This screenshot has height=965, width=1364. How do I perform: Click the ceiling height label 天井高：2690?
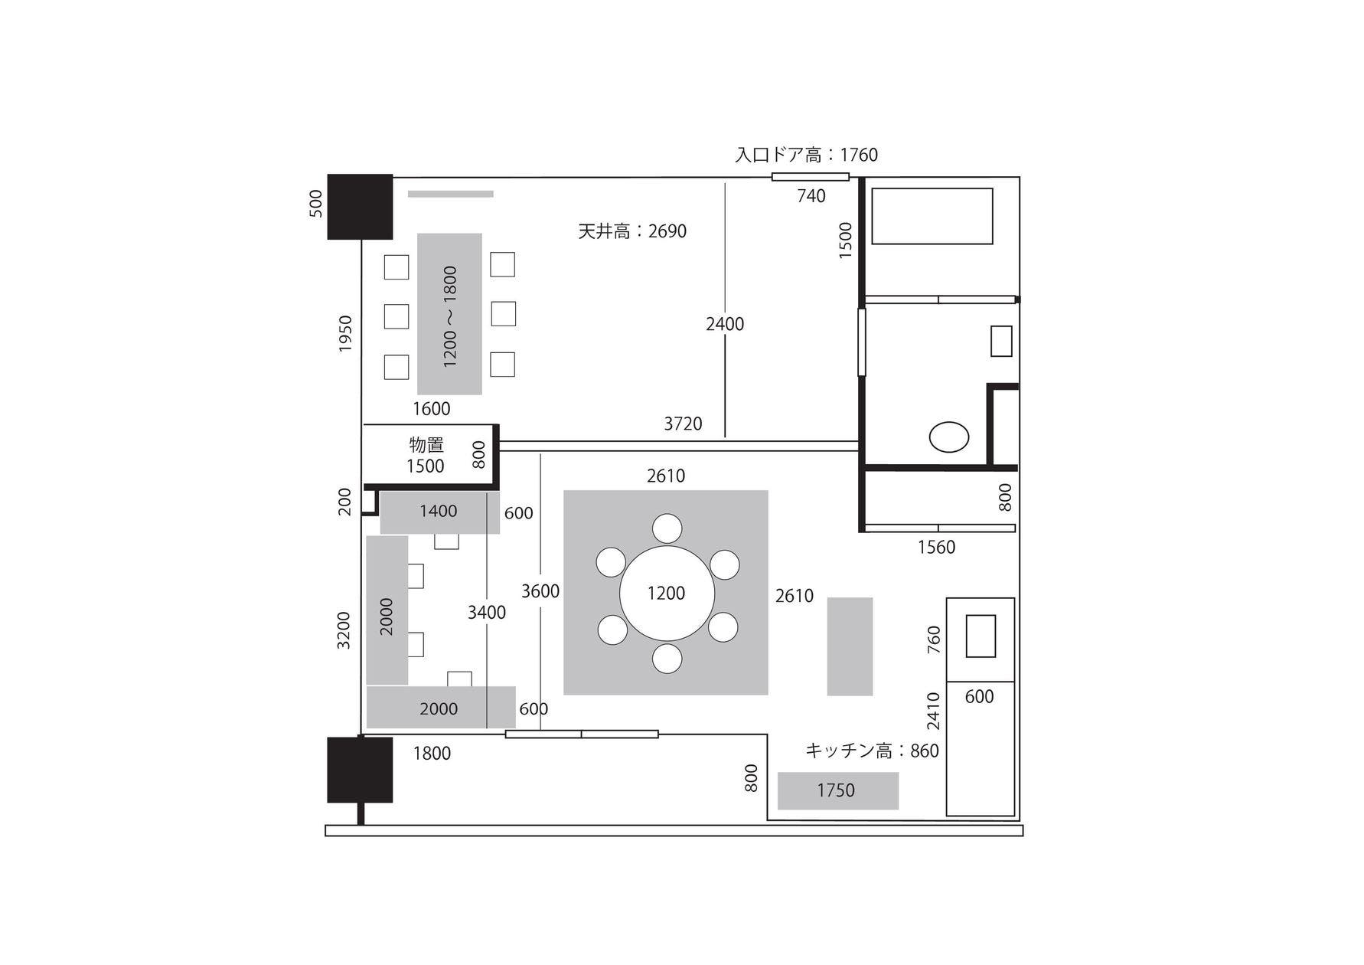(x=632, y=231)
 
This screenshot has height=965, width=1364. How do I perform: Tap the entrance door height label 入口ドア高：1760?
(x=806, y=155)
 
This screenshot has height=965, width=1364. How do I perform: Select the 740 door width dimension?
(x=811, y=196)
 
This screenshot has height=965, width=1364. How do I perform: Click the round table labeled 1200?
(x=667, y=593)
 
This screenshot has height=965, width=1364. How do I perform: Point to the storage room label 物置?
(x=426, y=445)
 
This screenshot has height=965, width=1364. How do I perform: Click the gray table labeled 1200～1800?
(x=450, y=314)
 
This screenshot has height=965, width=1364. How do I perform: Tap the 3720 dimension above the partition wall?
(x=683, y=424)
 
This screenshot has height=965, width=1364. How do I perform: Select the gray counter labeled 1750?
(x=837, y=790)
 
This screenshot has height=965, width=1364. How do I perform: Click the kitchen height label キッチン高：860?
(x=872, y=751)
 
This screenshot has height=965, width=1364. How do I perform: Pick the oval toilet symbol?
(x=948, y=437)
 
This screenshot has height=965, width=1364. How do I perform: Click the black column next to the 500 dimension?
(x=360, y=207)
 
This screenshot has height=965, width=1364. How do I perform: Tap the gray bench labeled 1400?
(x=439, y=512)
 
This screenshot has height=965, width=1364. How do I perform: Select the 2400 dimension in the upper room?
(x=725, y=324)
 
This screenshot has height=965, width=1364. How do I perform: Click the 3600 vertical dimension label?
(x=540, y=591)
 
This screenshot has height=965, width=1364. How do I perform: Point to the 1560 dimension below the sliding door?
(x=936, y=547)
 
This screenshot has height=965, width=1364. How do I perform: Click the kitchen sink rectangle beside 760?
(x=981, y=636)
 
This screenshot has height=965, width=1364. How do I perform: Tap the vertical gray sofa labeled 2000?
(x=387, y=610)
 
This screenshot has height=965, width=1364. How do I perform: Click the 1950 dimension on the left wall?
(x=345, y=334)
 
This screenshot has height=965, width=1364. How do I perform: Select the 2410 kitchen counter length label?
(x=933, y=711)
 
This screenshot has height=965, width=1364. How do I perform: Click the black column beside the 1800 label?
(x=360, y=770)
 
